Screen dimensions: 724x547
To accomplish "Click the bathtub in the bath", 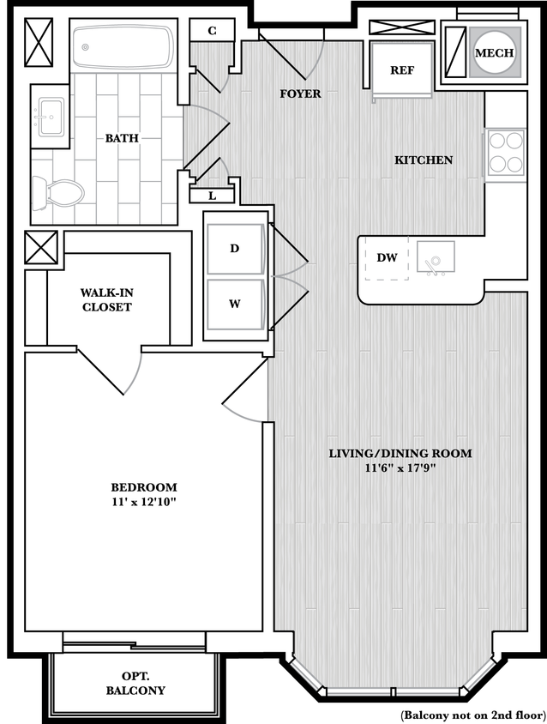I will pos(123,47).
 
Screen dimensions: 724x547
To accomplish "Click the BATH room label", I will pos(122,138).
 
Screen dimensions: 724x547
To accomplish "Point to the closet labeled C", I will pos(212,31).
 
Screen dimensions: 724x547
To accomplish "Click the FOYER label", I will pos(300,94).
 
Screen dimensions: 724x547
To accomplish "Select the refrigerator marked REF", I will pos(402,71).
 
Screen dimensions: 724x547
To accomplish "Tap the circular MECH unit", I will pos(494,53).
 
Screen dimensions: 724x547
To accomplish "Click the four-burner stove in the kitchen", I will pos(504,154).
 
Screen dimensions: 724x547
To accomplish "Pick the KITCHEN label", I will pos(423,160).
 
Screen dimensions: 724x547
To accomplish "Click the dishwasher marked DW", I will pos(387,257).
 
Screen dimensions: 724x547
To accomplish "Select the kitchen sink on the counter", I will pos(436,257).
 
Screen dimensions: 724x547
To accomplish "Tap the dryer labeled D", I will pos(234,249).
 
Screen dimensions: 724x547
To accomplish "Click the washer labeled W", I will pos(234,303).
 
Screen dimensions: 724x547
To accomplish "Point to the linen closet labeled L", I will pos(212,196).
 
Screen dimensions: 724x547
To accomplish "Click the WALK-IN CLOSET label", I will pos(107,299).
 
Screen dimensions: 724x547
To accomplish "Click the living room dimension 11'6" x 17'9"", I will pos(400,468).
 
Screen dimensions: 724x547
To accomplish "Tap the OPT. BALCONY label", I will pos(135,683).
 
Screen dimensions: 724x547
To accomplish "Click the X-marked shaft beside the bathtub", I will pos(39,41).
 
